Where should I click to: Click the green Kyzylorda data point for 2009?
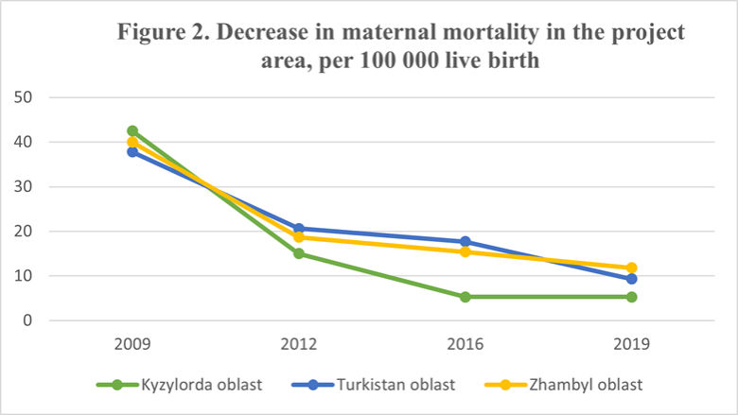[132, 131]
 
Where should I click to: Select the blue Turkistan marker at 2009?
[132, 151]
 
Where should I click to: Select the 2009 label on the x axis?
[132, 345]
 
